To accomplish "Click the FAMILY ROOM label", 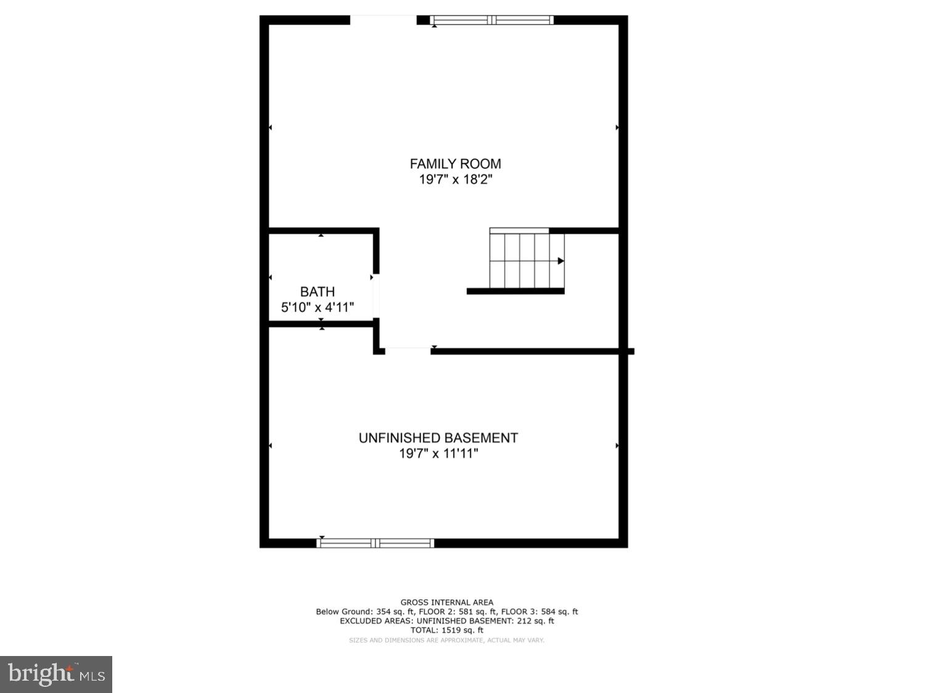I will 455,163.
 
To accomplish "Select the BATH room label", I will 318,292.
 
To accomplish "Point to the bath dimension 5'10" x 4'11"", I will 318,307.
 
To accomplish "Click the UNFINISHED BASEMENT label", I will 438,438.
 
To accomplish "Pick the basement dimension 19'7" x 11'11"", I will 438,454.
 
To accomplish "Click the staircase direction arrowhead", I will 561,261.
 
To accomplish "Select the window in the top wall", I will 491,20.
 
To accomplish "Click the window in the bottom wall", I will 375,543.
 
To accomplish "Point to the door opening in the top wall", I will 383,20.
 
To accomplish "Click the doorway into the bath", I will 376,297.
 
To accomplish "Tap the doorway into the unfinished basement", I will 408,351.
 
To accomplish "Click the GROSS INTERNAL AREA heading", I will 446,602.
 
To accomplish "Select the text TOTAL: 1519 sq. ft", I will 446,630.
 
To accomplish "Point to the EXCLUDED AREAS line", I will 446,621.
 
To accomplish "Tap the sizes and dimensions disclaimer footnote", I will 446,640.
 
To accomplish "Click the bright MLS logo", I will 56,674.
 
